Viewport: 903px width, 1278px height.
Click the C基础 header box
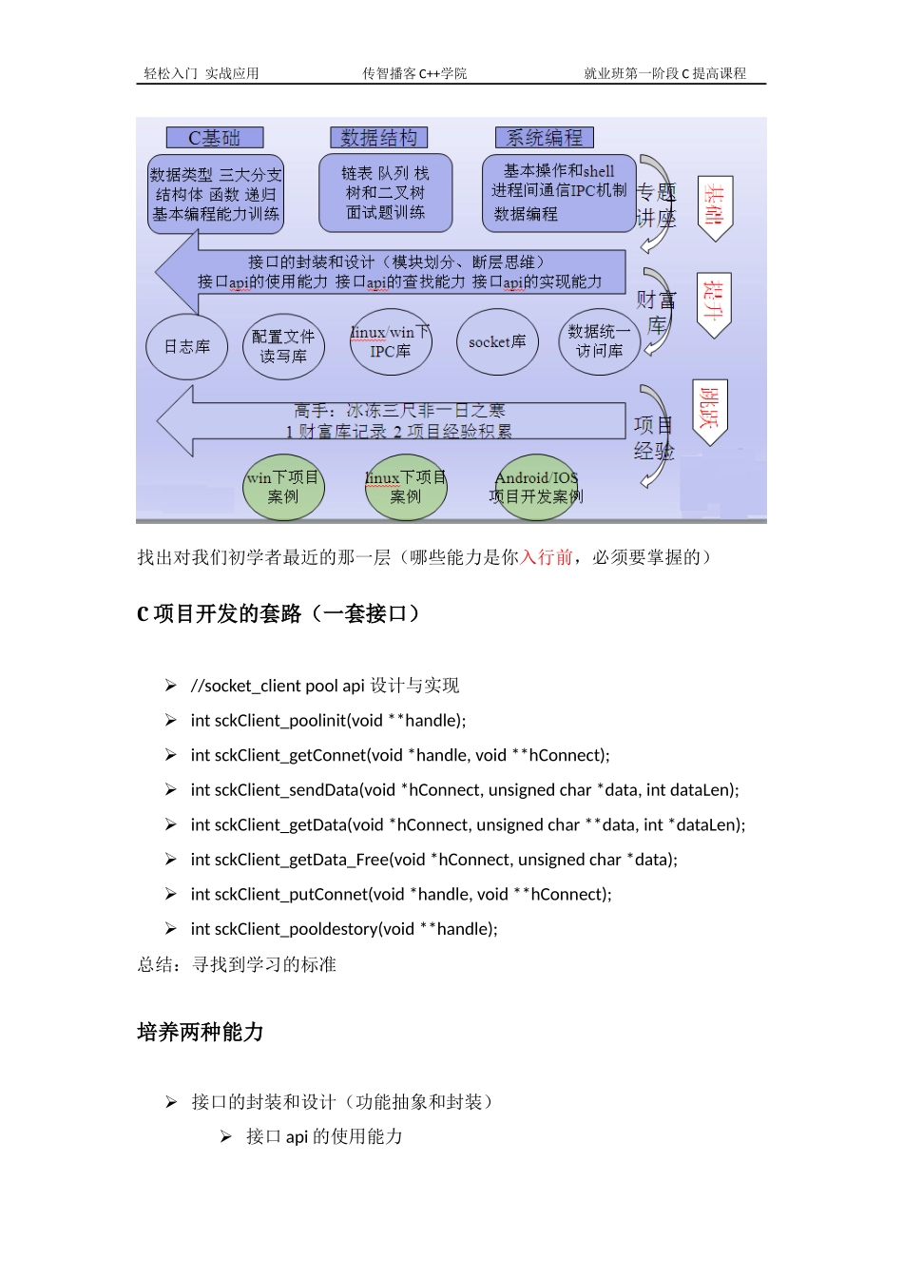coord(214,138)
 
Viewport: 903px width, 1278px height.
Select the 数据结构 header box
coord(378,138)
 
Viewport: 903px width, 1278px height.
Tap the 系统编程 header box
coord(544,138)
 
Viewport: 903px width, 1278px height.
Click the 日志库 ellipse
coord(187,347)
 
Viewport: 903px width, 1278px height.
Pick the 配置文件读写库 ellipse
coord(283,347)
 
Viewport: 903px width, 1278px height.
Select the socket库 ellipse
coord(497,342)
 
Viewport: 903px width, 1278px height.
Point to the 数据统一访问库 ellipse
coord(599,341)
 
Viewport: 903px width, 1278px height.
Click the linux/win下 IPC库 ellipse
coord(391,342)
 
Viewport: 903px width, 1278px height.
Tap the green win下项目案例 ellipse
coord(283,487)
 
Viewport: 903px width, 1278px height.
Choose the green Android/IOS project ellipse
coord(536,487)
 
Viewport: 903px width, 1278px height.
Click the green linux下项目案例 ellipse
coord(406,487)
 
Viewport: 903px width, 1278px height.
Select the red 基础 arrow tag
coord(714,206)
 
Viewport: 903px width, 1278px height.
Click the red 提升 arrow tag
coord(714,303)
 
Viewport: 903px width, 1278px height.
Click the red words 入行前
coord(546,557)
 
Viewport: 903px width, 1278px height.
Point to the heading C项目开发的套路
coord(278,614)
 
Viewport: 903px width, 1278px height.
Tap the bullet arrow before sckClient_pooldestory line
coord(171,929)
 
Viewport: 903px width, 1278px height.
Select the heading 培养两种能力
coord(201,1033)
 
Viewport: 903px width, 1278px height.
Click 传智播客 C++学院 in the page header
coord(414,73)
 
